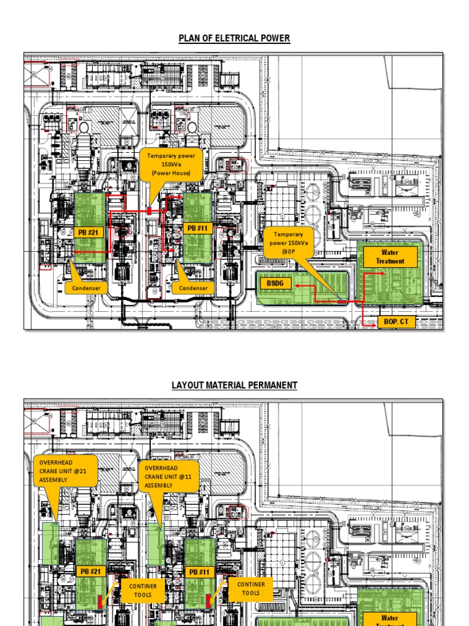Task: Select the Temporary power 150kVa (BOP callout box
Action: [288, 243]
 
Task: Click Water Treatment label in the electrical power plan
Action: [390, 257]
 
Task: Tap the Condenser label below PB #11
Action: [193, 288]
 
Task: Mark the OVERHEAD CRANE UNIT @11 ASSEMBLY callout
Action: [170, 477]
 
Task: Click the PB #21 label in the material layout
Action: [90, 572]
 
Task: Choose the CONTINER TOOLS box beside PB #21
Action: [142, 590]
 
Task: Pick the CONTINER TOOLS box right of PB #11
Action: [251, 589]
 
